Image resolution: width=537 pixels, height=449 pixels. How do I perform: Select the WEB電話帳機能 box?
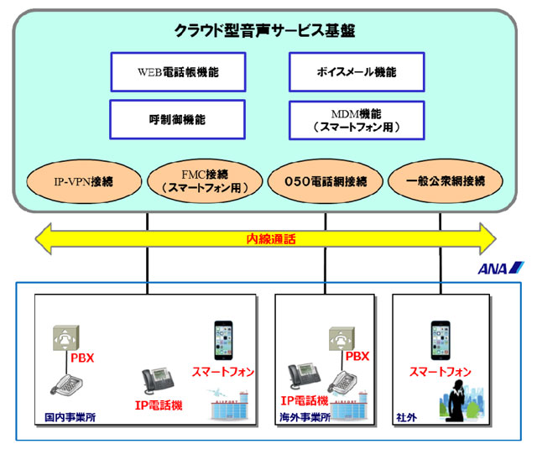click(178, 72)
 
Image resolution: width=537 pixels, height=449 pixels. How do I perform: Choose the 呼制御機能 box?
click(178, 119)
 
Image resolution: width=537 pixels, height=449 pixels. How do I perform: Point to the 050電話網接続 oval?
click(325, 180)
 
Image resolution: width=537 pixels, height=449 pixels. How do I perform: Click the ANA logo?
click(501, 269)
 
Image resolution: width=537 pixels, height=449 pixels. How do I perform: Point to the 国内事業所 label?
click(70, 416)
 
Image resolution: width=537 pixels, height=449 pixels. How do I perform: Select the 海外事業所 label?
click(305, 416)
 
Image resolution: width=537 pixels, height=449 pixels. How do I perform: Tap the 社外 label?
click(407, 416)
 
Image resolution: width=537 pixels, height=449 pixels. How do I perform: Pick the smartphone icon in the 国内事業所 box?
click(222, 339)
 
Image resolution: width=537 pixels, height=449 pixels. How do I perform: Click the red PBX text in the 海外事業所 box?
click(357, 357)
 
